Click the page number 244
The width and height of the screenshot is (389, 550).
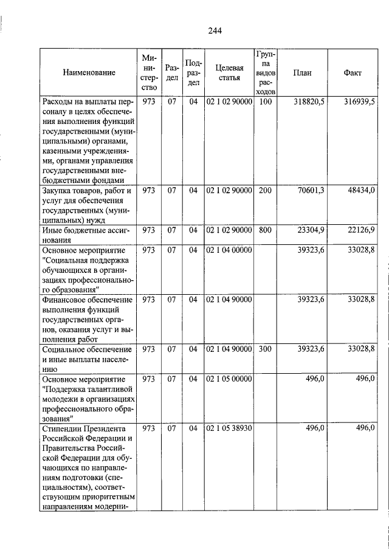[213, 31]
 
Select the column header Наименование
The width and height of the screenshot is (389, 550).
[88, 72]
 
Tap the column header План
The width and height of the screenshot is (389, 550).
[302, 72]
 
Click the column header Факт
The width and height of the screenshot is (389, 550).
[353, 72]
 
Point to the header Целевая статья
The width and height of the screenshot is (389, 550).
[229, 72]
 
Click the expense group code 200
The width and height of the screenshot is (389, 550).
[265, 190]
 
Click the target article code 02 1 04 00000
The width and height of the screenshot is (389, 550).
[229, 249]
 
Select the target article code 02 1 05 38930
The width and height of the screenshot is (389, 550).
[229, 428]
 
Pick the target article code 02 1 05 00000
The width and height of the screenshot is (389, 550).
[229, 379]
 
